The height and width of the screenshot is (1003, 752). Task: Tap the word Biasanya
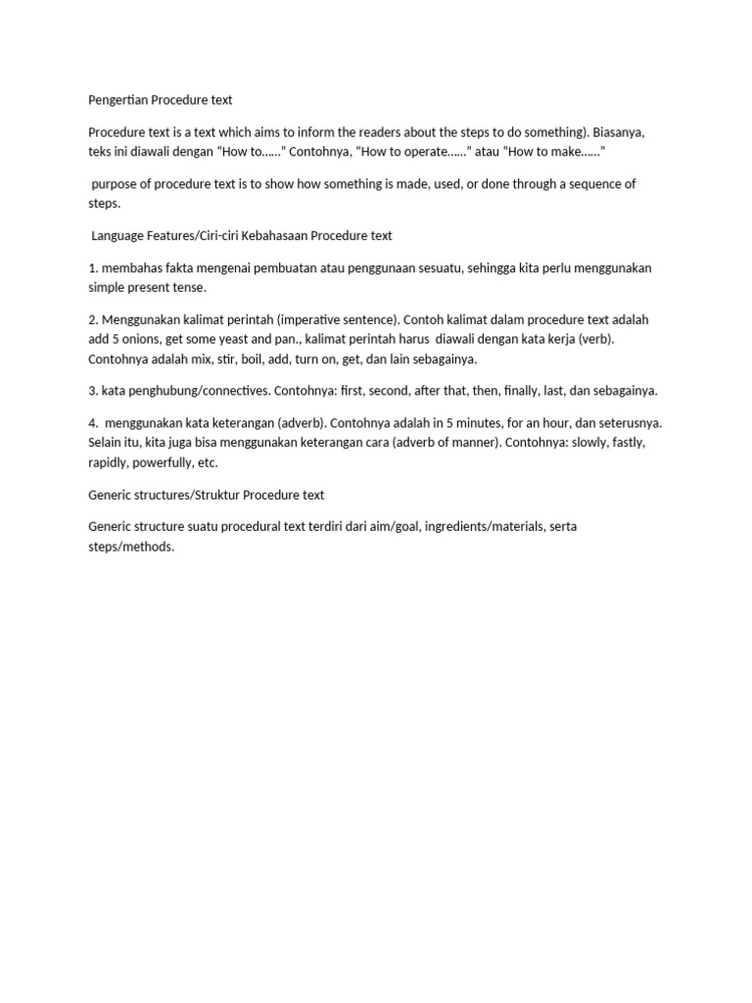tap(619, 131)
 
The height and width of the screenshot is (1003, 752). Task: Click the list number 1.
tap(92, 267)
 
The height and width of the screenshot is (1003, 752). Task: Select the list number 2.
tap(92, 319)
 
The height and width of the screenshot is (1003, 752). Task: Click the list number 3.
tap(92, 391)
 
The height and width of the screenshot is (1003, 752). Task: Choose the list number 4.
tap(92, 422)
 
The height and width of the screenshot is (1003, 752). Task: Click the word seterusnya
tap(627, 422)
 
